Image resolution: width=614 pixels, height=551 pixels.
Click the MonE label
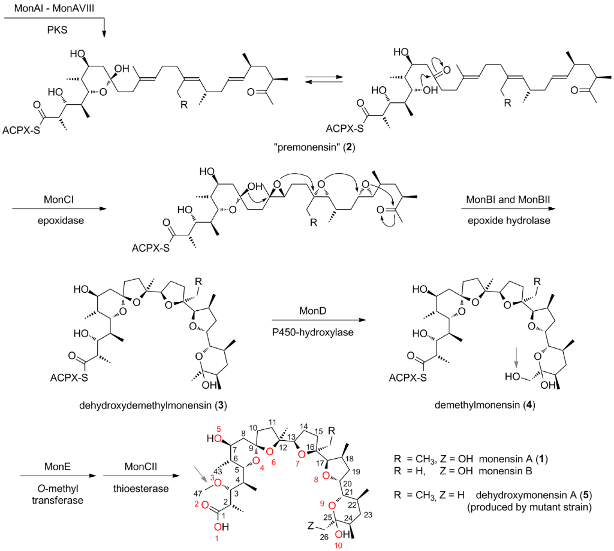tap(53, 465)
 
